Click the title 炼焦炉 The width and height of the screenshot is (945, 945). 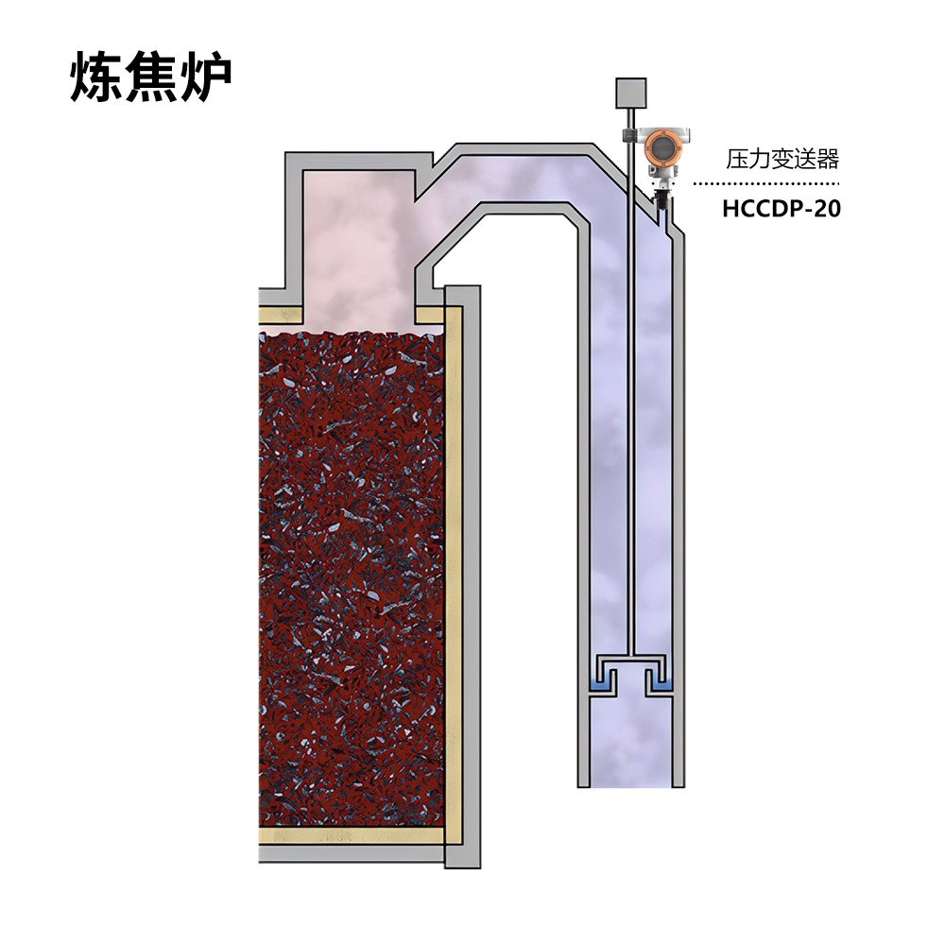point(150,77)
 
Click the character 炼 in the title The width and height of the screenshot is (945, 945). point(96,77)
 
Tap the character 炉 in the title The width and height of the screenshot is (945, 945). point(206,77)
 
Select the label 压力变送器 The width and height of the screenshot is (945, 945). point(782,159)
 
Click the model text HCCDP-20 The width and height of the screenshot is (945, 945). point(782,209)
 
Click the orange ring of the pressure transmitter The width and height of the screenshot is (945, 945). point(661,146)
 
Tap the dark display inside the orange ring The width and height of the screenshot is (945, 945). point(661,146)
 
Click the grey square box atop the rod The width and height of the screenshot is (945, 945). point(630,93)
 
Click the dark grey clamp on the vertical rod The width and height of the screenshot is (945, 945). point(629,135)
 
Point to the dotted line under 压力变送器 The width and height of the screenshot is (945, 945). point(766,184)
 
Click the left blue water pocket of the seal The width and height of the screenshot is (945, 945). point(600,685)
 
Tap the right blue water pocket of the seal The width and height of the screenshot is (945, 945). point(661,685)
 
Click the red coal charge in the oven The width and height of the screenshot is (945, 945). point(351,578)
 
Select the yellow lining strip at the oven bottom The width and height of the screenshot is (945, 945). point(352,835)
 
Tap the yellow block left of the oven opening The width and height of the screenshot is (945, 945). point(281,315)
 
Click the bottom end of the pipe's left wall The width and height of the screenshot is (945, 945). point(583,786)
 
